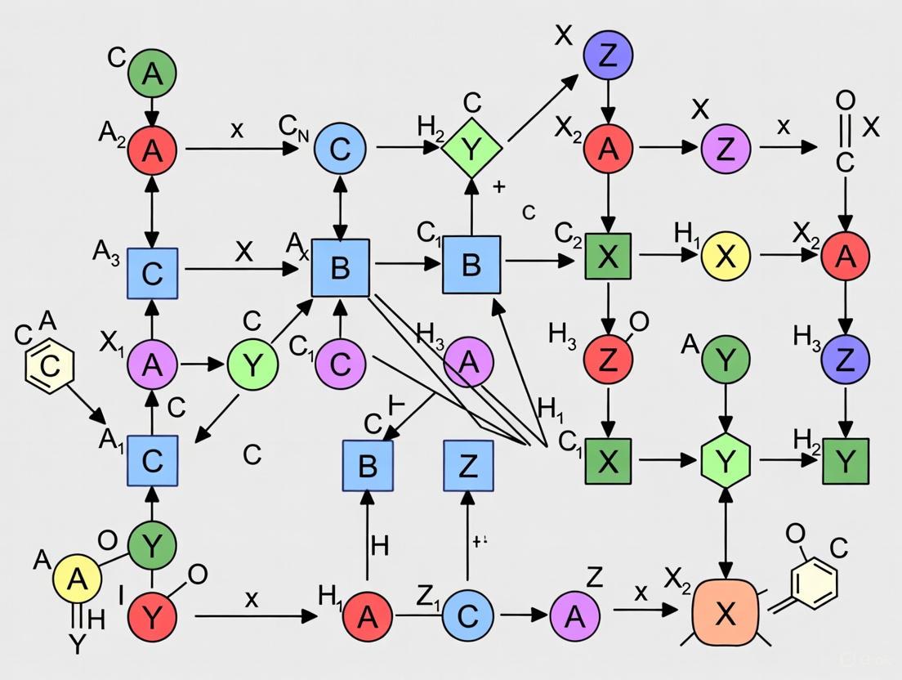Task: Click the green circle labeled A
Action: [x=152, y=74]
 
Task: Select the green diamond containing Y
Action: [x=471, y=148]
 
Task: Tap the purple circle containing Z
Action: [x=725, y=148]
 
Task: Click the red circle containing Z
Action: [x=607, y=358]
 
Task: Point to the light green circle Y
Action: [x=252, y=365]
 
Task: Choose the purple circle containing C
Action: [x=340, y=363]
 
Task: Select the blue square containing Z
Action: [x=468, y=465]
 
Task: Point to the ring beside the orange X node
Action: [x=815, y=582]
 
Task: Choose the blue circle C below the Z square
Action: [x=467, y=616]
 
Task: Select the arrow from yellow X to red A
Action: [x=788, y=257]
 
